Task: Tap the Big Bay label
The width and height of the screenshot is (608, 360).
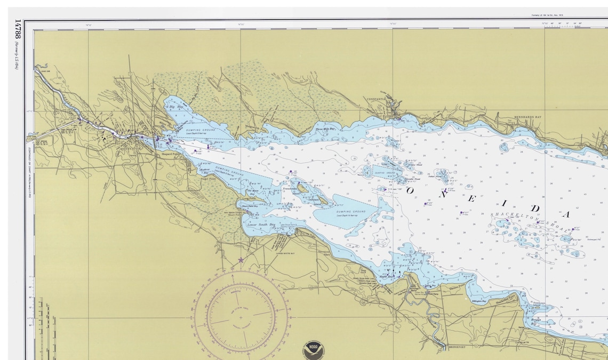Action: tap(176, 107)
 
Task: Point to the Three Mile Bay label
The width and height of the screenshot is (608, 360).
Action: tap(325, 129)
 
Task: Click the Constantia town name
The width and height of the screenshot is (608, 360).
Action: tap(376, 99)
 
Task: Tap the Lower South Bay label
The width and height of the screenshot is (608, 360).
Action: tap(261, 225)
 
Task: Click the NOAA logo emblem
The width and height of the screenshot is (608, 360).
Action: tap(313, 350)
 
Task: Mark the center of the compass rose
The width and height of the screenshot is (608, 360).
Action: tap(241, 317)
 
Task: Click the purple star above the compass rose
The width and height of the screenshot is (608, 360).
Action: tap(241, 260)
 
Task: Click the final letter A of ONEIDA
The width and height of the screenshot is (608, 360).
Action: tap(566, 214)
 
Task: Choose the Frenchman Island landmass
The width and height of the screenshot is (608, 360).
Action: tap(302, 188)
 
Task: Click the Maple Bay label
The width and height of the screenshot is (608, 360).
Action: tap(386, 277)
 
